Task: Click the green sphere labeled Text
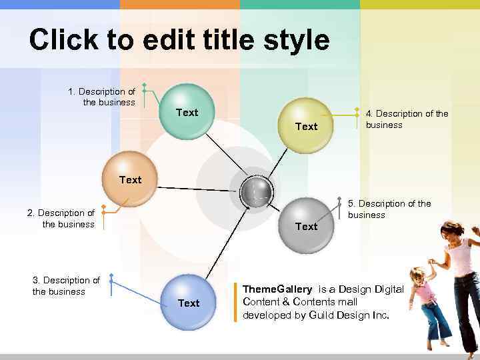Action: pyautogui.click(x=188, y=111)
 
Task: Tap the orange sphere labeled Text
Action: pyautogui.click(x=129, y=179)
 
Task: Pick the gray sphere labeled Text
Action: pyautogui.click(x=305, y=225)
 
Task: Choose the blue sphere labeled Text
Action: pyautogui.click(x=188, y=302)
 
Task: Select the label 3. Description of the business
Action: pyautogui.click(x=66, y=286)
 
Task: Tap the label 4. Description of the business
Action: pyautogui.click(x=407, y=119)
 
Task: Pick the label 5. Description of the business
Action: pyautogui.click(x=389, y=209)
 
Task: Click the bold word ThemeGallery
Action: pyautogui.click(x=277, y=289)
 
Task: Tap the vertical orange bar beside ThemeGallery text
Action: pyautogui.click(x=235, y=302)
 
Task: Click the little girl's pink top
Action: pyautogui.click(x=424, y=292)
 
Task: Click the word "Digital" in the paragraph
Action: pyautogui.click(x=389, y=289)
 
